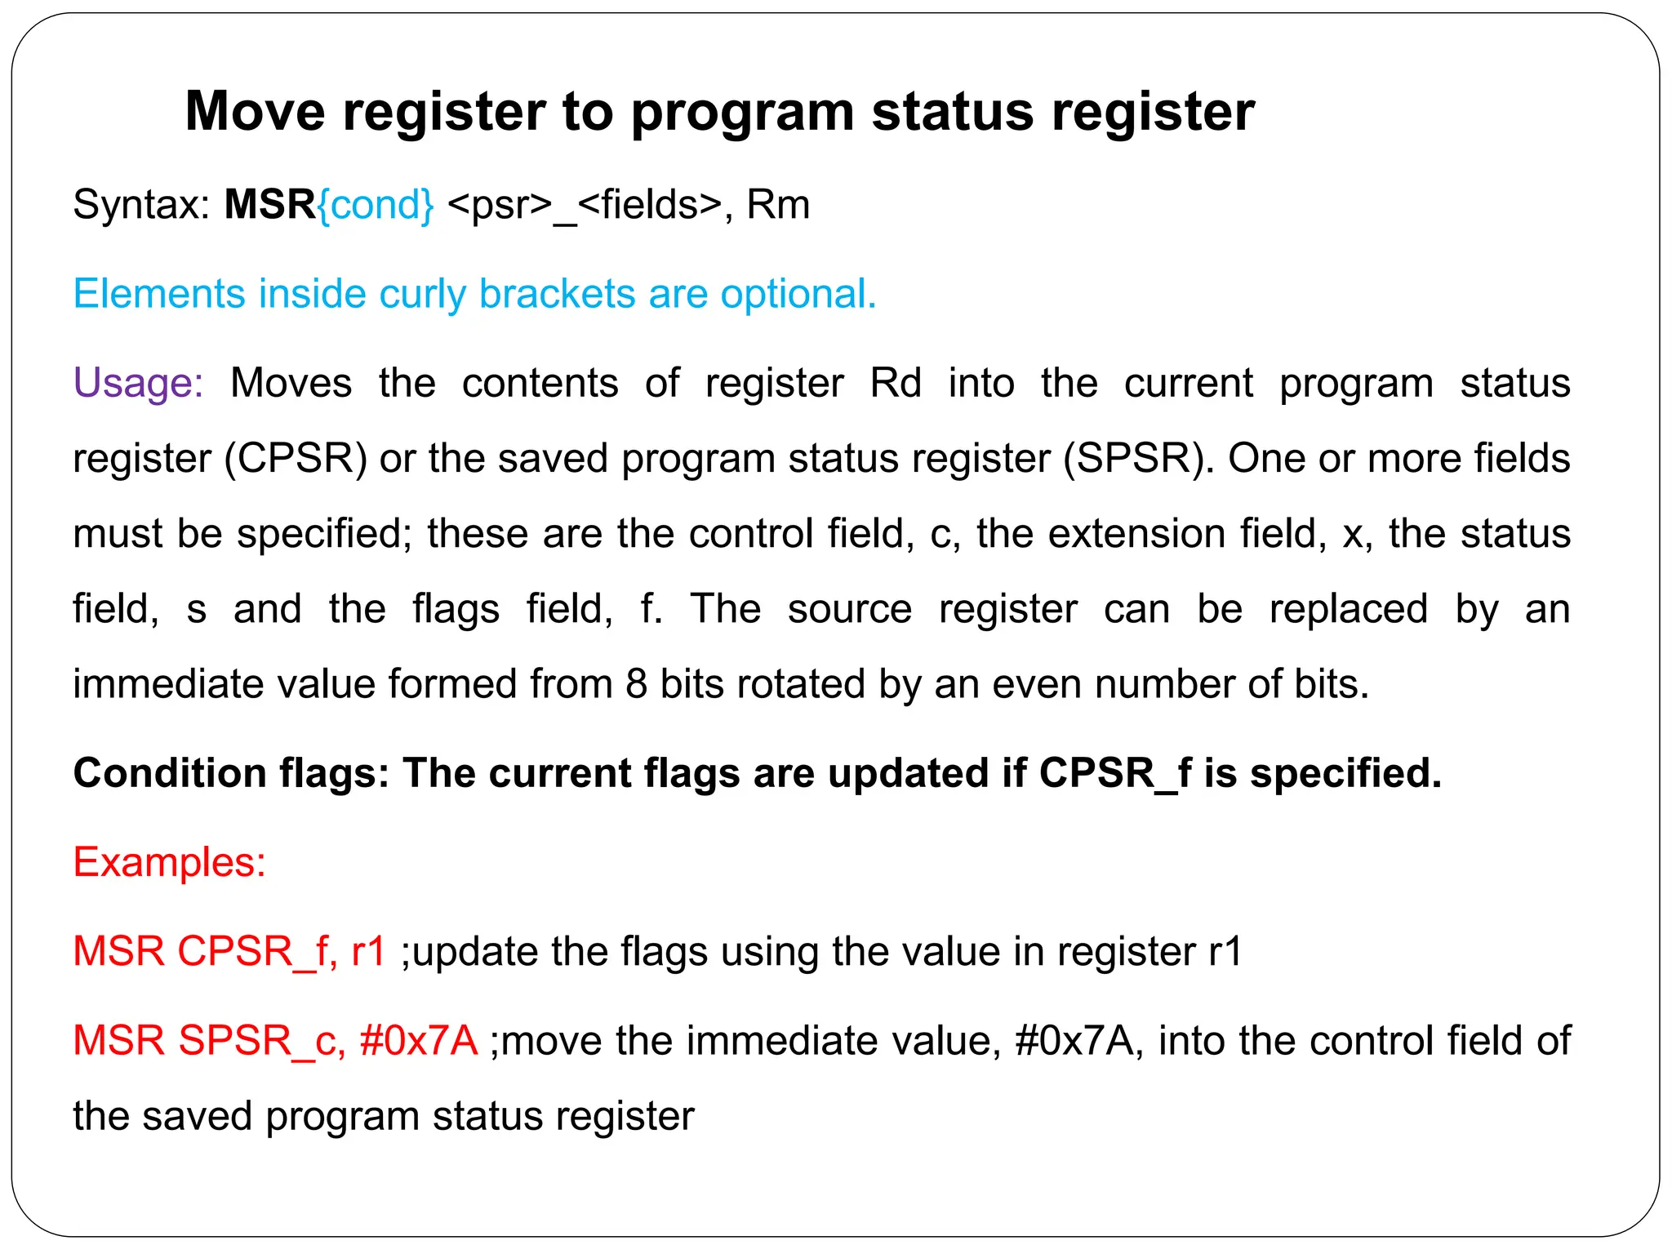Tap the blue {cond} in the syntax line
tap(376, 204)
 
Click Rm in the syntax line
tap(778, 204)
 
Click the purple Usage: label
tap(138, 383)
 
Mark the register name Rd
tap(896, 383)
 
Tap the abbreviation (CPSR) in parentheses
tap(296, 458)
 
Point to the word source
tap(849, 609)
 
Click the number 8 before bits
tap(636, 684)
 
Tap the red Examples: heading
tap(170, 862)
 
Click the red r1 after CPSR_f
tap(368, 952)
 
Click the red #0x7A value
tap(418, 1041)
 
